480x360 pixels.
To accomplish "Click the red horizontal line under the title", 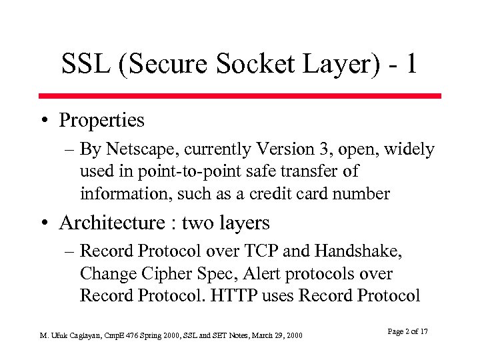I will pyautogui.click(x=239, y=96).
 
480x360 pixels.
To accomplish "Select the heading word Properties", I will pyautogui.click(x=101, y=121).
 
